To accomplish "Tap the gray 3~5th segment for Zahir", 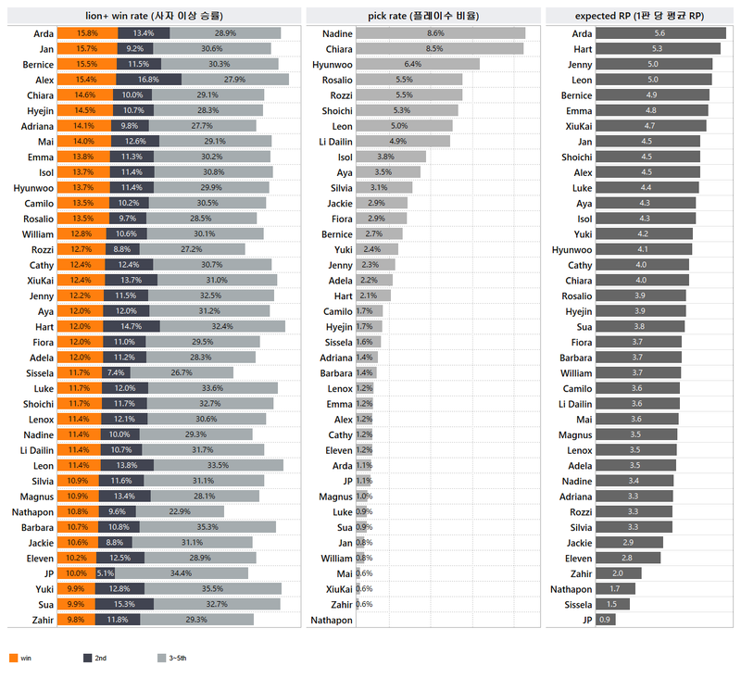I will click(x=196, y=620).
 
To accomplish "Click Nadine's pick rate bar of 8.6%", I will click(x=440, y=33).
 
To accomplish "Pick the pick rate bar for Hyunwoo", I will click(x=417, y=65).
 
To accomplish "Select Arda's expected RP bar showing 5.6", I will click(x=660, y=33).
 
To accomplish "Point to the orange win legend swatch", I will click(x=13, y=658).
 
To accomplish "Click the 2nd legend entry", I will click(x=95, y=658).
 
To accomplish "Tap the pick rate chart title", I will click(x=423, y=16).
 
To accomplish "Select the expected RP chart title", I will click(x=639, y=16).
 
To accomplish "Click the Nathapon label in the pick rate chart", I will click(x=332, y=620).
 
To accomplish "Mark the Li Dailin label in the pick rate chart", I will click(x=333, y=142).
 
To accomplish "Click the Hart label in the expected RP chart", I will click(x=583, y=49).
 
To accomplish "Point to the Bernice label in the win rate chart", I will click(x=38, y=65).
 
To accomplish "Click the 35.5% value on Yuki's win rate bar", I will click(x=211, y=588).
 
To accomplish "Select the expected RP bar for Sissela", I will click(x=611, y=604).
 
